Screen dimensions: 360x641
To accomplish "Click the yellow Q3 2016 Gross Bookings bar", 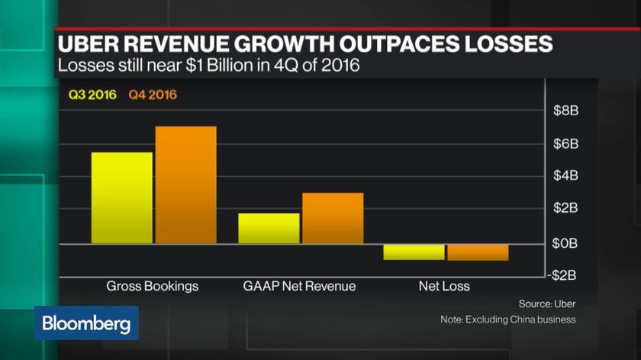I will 122,198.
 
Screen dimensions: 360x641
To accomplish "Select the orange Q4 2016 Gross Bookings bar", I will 186,185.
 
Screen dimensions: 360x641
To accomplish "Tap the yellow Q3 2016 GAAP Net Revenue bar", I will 269,228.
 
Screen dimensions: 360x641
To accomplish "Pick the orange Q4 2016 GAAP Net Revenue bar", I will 333,218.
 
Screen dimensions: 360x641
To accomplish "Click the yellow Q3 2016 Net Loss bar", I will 414,252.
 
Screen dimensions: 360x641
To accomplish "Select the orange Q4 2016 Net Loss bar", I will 478,252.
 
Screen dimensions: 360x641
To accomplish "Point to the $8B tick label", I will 565,111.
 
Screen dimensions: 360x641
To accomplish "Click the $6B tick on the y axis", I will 565,143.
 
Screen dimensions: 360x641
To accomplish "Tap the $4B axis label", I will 565,175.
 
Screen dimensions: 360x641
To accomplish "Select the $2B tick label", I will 565,208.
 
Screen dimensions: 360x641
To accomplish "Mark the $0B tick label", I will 565,243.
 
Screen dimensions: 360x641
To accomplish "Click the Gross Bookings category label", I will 153,287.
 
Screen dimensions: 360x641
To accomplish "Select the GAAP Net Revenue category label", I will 299,287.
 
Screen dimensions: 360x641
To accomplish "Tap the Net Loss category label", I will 444,287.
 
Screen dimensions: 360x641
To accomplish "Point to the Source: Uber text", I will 546,303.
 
